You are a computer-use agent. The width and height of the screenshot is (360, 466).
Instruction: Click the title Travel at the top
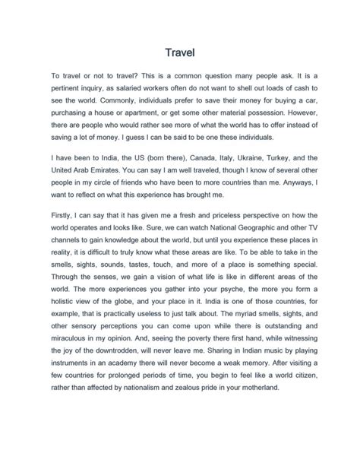[180, 53]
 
